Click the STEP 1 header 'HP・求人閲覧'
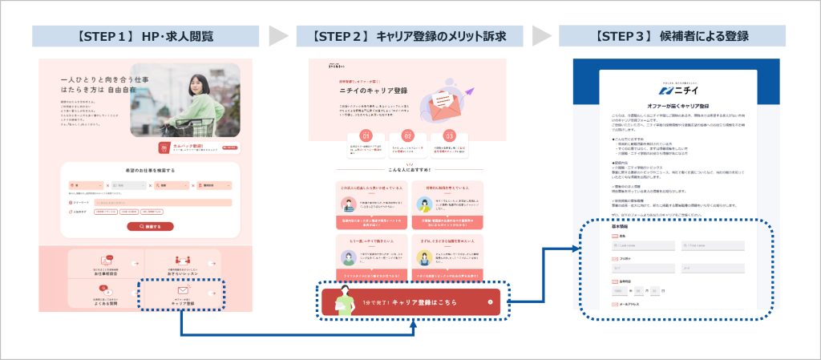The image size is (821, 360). (145, 36)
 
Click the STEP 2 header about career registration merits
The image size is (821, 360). (409, 36)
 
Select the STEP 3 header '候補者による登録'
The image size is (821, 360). (672, 36)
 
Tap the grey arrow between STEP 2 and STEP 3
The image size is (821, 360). (542, 36)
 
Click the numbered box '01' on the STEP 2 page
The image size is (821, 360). (365, 136)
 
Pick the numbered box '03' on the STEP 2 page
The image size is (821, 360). (450, 136)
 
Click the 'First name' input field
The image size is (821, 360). (714, 245)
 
